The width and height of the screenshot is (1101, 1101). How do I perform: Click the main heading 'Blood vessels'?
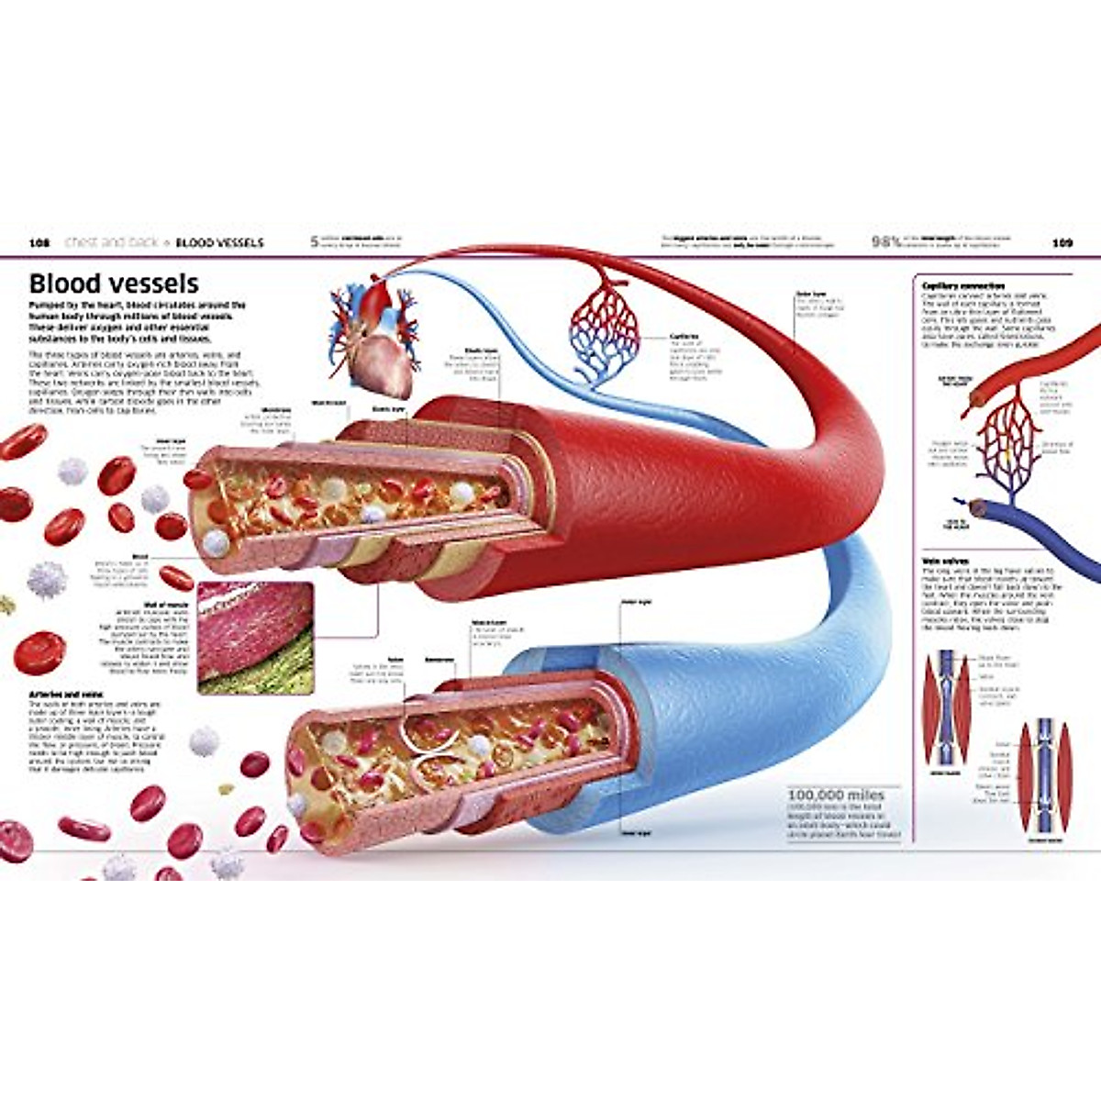114,283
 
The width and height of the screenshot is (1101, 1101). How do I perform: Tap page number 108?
39,243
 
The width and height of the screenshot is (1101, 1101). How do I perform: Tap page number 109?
1062,243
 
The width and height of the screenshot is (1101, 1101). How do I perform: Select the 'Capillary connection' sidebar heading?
963,286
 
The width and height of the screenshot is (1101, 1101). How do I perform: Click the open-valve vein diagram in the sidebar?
946,706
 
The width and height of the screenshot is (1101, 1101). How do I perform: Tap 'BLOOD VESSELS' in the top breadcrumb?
219,243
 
